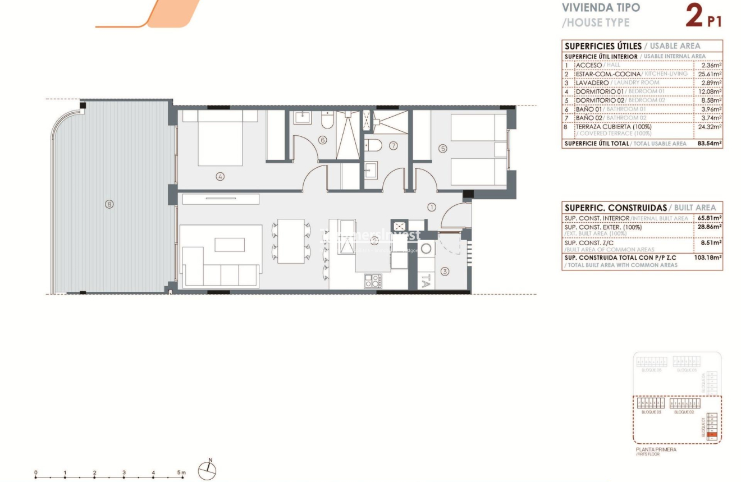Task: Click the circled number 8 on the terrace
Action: pyautogui.click(x=109, y=204)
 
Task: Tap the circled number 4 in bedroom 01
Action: pyautogui.click(x=220, y=176)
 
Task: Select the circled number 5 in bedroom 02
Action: pyautogui.click(x=443, y=149)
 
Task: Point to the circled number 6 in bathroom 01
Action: pyautogui.click(x=322, y=140)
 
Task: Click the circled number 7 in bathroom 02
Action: pyautogui.click(x=393, y=146)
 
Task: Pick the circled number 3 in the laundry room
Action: pyautogui.click(x=445, y=272)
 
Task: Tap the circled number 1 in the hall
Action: pyautogui.click(x=432, y=207)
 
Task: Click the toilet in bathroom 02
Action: pyautogui.click(x=373, y=146)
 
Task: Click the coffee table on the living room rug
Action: pyautogui.click(x=230, y=245)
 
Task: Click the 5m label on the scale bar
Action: pyautogui.click(x=181, y=473)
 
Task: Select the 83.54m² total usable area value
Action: pyautogui.click(x=709, y=144)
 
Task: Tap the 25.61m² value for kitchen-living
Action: pyautogui.click(x=710, y=74)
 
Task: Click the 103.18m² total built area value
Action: pyautogui.click(x=708, y=258)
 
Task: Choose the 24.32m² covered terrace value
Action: pyautogui.click(x=710, y=127)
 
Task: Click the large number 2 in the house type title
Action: pyautogui.click(x=694, y=16)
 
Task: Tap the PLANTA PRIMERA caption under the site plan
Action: pyautogui.click(x=656, y=449)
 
